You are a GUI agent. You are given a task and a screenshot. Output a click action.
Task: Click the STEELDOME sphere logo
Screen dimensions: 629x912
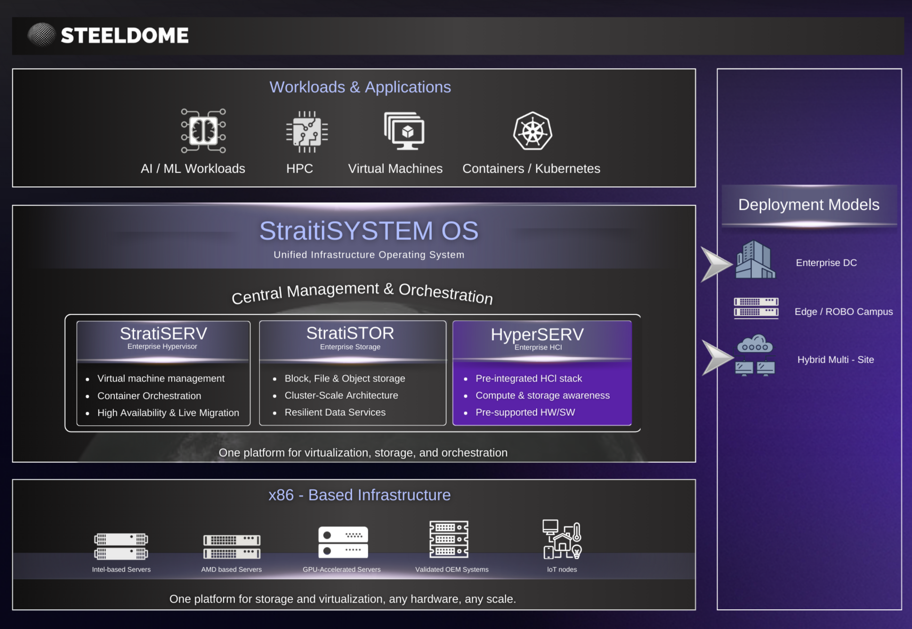pyautogui.click(x=41, y=35)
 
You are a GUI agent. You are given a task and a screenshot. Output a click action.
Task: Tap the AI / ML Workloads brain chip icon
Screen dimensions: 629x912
pyautogui.click(x=203, y=131)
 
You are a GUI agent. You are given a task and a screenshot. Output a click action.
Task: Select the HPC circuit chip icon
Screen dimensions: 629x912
pyautogui.click(x=307, y=132)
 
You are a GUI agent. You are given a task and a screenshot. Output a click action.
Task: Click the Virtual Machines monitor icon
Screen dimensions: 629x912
pyautogui.click(x=404, y=131)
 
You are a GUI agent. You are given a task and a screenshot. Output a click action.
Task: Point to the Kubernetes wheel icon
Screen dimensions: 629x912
pyautogui.click(x=533, y=131)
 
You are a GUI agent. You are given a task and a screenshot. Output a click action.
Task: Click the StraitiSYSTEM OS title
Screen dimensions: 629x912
pyautogui.click(x=369, y=231)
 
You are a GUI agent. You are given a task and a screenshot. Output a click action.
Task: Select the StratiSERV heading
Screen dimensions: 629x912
pyautogui.click(x=163, y=334)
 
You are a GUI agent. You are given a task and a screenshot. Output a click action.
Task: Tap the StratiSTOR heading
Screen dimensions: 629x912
pyautogui.click(x=350, y=333)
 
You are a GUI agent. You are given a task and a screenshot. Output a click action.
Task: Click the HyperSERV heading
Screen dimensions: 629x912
pyautogui.click(x=537, y=334)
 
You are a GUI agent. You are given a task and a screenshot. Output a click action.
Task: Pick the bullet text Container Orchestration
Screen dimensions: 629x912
pyautogui.click(x=149, y=396)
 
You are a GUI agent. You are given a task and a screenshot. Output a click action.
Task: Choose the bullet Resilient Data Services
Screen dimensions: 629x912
pyautogui.click(x=335, y=412)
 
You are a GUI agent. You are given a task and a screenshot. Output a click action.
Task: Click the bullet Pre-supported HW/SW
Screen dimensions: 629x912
pyautogui.click(x=525, y=412)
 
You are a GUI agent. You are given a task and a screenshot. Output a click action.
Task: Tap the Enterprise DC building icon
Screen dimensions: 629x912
pyautogui.click(x=755, y=260)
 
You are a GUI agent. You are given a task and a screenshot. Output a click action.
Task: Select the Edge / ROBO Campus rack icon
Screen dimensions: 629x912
pyautogui.click(x=756, y=308)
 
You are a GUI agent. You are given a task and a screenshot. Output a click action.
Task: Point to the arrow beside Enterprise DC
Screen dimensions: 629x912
pyautogui.click(x=715, y=263)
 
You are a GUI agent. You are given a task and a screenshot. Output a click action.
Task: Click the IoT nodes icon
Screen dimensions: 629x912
pyautogui.click(x=562, y=539)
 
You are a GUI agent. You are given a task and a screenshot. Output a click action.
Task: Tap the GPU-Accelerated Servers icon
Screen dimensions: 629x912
pyautogui.click(x=343, y=542)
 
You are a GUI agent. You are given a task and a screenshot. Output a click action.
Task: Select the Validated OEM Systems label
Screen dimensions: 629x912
pyautogui.click(x=452, y=569)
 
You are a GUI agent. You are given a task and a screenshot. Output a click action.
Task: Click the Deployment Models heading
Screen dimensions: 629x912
pyautogui.click(x=808, y=205)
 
